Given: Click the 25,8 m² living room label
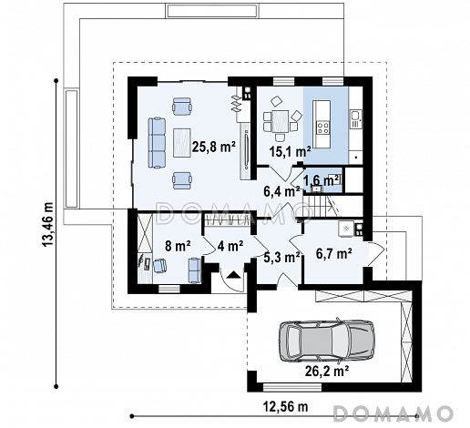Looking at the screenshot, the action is [x=214, y=148].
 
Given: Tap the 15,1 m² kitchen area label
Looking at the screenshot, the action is [x=291, y=151].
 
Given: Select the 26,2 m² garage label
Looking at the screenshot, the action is [x=327, y=371].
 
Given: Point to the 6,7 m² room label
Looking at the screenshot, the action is [x=334, y=253].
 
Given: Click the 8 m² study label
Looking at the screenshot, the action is [x=178, y=246].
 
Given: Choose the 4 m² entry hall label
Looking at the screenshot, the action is [x=230, y=246].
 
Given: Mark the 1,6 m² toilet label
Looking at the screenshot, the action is [x=322, y=180].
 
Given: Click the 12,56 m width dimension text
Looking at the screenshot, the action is [x=285, y=406].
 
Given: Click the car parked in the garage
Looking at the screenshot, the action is [x=326, y=341].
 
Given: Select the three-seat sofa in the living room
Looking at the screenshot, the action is [x=157, y=143].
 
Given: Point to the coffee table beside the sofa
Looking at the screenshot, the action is [x=182, y=143].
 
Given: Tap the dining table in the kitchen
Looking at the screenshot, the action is [x=280, y=122].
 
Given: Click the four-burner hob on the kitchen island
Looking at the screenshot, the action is [x=322, y=127].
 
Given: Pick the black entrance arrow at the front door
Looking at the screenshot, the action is [x=233, y=275].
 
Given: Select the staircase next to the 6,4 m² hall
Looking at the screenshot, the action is [x=321, y=206].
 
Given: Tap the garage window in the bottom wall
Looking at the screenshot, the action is [x=292, y=387].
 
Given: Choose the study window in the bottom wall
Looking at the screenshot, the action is [x=169, y=289].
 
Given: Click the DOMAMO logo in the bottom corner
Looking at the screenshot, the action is [x=393, y=413].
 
